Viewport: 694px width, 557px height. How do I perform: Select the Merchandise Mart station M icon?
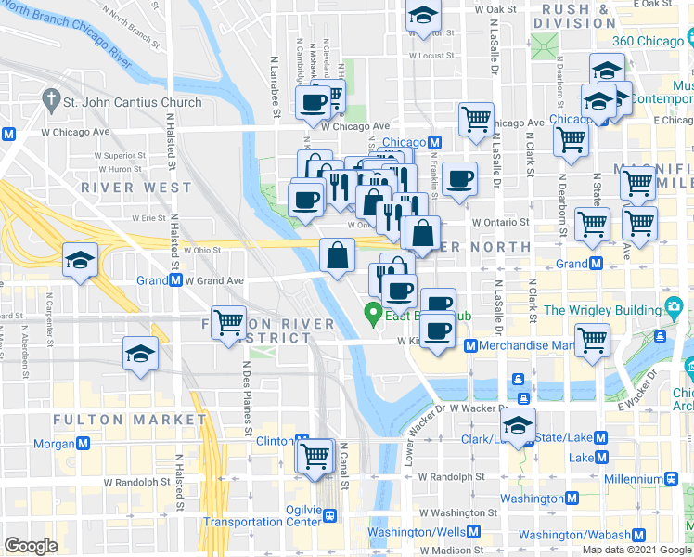tap(470, 346)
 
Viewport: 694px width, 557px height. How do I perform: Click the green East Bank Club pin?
tap(373, 313)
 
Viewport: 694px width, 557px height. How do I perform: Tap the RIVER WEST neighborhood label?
tap(135, 187)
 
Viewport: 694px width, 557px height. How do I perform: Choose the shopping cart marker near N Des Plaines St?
tap(228, 323)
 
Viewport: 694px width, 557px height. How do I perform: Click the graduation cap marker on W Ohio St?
tap(81, 260)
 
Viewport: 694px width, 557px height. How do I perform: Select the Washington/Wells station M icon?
tap(474, 532)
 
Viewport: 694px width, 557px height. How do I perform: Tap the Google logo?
tap(31, 545)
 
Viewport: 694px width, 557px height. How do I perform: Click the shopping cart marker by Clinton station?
tap(315, 454)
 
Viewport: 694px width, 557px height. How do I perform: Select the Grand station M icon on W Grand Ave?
tap(175, 280)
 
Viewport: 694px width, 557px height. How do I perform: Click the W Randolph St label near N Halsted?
tap(136, 483)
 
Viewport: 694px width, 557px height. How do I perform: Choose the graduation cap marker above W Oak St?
tap(423, 16)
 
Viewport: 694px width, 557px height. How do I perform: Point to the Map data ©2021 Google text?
tap(636, 550)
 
